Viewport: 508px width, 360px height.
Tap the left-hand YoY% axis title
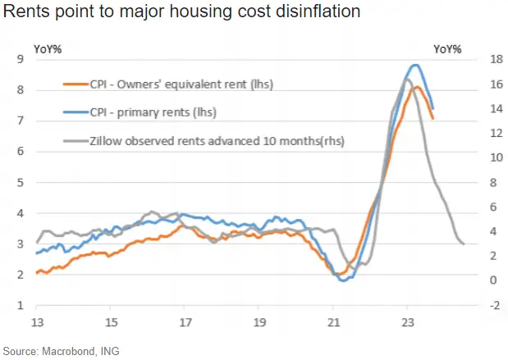pyautogui.click(x=48, y=48)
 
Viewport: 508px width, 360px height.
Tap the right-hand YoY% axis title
pyautogui.click(x=447, y=48)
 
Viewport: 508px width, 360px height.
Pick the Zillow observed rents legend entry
pyautogui.click(x=204, y=140)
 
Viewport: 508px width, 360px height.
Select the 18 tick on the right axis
pyautogui.click(x=473, y=59)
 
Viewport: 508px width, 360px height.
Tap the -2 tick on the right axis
pyautogui.click(x=472, y=305)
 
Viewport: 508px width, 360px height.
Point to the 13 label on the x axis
pyautogui.click(x=37, y=321)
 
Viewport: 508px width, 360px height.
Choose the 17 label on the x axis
pyautogui.click(x=185, y=321)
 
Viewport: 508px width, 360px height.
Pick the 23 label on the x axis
pyautogui.click(x=408, y=321)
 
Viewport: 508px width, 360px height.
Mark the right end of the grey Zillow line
pyautogui.click(x=464, y=244)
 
